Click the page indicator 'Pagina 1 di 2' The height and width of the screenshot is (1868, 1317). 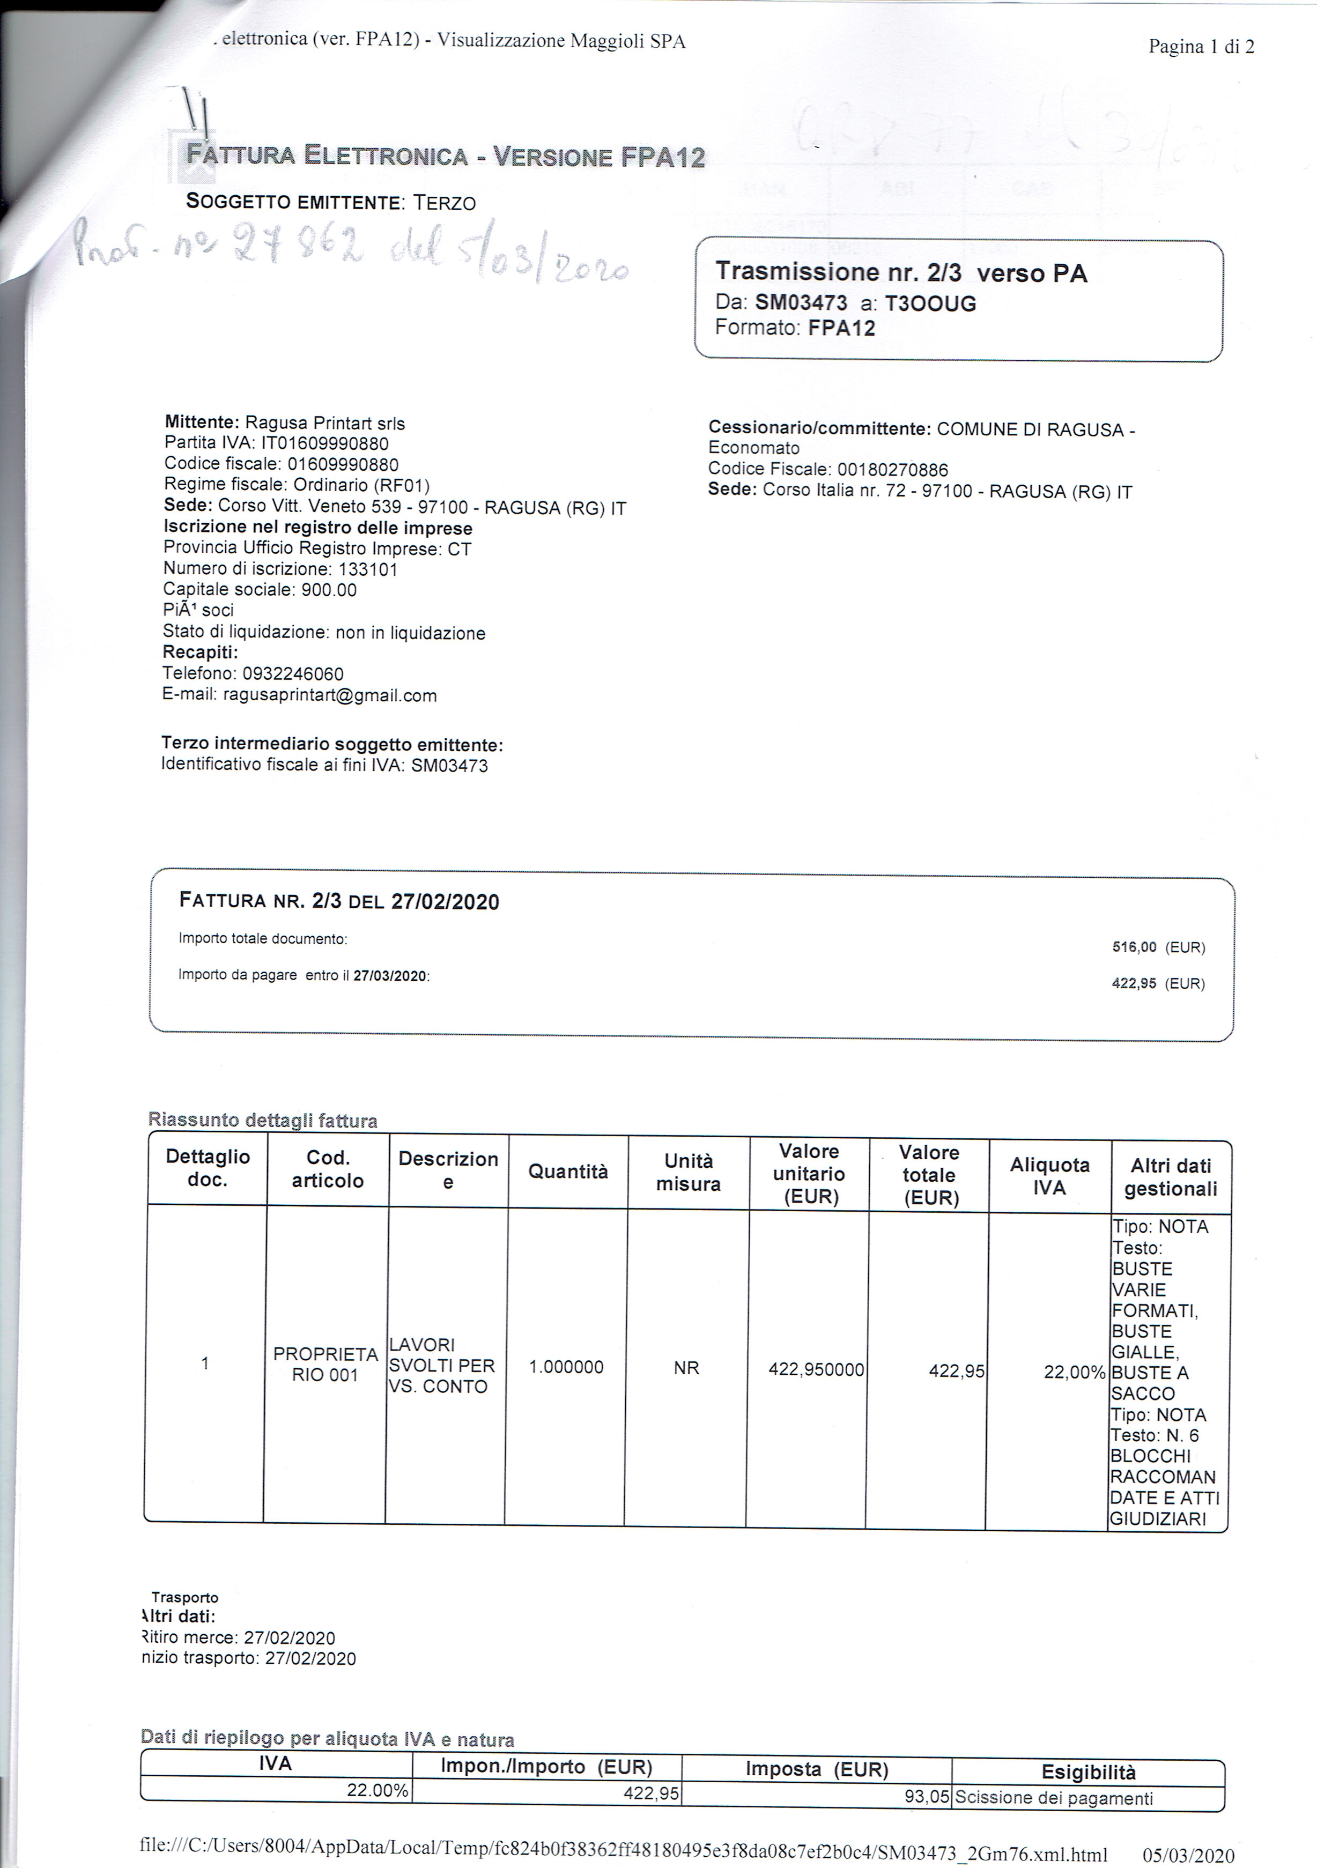click(1201, 46)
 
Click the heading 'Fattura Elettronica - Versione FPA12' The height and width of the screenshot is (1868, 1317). click(445, 155)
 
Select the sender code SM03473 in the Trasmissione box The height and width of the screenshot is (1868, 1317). click(801, 303)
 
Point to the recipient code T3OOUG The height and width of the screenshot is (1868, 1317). click(930, 303)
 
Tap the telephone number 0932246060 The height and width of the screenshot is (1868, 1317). click(293, 673)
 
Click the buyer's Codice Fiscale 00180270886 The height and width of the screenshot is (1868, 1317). click(892, 470)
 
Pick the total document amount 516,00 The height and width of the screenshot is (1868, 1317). click(1134, 947)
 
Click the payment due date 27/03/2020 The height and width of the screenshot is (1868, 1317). click(390, 975)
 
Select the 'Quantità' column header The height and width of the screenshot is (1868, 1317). click(568, 1172)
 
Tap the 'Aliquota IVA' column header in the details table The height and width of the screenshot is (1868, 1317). click(1049, 1176)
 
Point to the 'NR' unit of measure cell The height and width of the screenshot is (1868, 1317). click(686, 1368)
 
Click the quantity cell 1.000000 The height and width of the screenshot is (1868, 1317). click(566, 1367)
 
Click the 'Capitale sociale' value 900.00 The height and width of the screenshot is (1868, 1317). click(329, 590)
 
